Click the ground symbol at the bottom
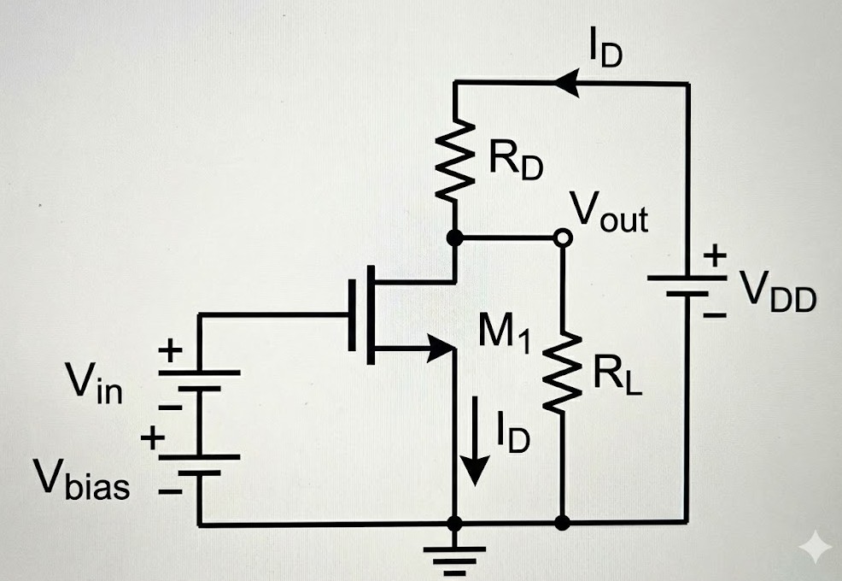[455, 551]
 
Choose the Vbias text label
[82, 484]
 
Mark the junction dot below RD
[455, 238]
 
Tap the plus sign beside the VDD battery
[715, 255]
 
